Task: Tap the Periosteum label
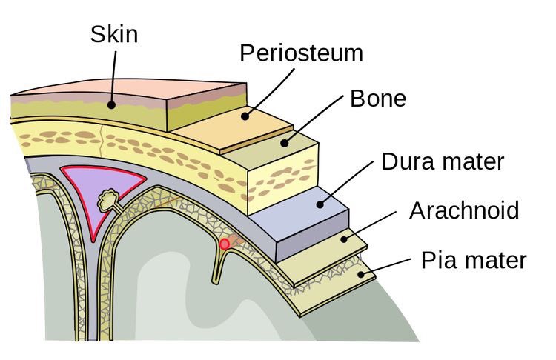click(301, 53)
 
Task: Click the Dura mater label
click(442, 161)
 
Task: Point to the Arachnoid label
click(464, 210)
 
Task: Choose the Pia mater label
click(473, 260)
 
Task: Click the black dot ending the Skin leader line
click(111, 105)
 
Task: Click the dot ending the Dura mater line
click(320, 201)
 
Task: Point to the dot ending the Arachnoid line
click(343, 237)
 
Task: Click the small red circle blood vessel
click(225, 244)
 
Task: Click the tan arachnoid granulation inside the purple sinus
click(109, 198)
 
